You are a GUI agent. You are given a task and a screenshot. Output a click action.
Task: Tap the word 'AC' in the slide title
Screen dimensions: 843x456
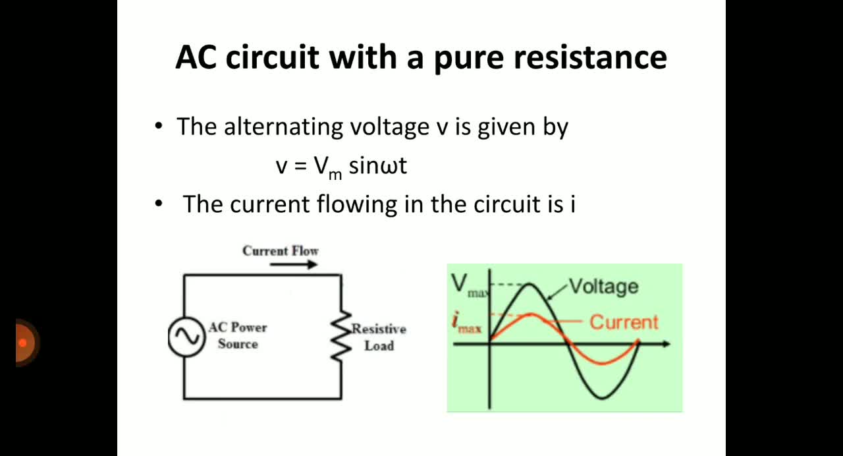[196, 57]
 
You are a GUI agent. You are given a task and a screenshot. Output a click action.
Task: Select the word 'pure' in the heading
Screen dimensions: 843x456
[469, 60]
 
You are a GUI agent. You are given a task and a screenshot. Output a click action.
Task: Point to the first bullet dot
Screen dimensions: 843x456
[159, 126]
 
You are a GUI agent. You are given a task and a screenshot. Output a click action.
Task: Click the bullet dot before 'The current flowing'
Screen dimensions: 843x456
[159, 204]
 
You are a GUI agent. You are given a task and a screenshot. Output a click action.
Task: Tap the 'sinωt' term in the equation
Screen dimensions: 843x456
[378, 165]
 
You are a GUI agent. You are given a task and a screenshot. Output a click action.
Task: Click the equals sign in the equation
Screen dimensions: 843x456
[300, 167]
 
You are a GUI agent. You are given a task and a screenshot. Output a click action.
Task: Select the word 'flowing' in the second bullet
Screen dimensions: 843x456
[357, 205]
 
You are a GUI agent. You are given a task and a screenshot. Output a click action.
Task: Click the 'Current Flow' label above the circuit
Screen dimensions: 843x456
[281, 251]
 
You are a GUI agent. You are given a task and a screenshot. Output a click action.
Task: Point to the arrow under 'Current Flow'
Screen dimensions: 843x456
[294, 265]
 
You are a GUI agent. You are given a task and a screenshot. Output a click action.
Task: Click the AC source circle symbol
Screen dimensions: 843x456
[186, 337]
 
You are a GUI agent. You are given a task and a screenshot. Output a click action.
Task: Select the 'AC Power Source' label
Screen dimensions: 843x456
[238, 335]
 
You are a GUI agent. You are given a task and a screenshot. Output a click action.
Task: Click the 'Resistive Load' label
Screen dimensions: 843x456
[379, 337]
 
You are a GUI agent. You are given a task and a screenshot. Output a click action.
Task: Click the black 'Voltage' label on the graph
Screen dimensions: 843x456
[604, 287]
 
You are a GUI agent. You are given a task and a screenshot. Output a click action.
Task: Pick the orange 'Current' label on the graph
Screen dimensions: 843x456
[624, 323]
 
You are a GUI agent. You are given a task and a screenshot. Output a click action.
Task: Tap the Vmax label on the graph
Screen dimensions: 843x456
[468, 286]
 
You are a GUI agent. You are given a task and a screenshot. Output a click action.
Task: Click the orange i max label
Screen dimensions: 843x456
[466, 324]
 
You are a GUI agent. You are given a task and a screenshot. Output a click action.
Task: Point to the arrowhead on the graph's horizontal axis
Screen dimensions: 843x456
[666, 344]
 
